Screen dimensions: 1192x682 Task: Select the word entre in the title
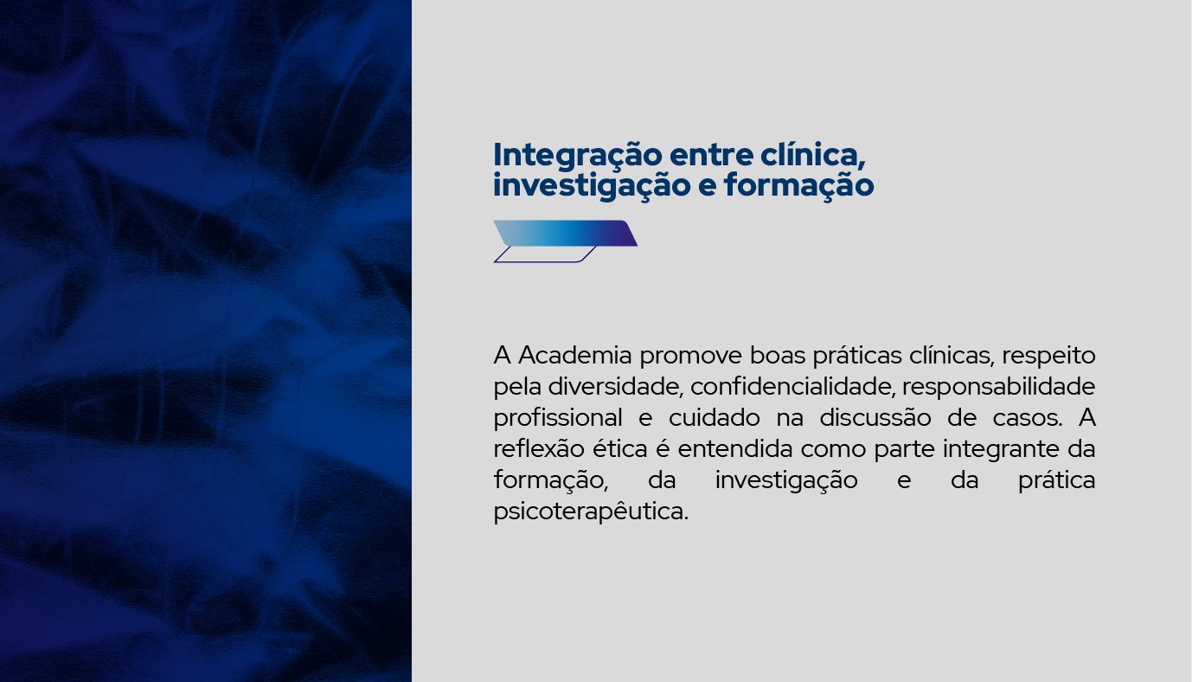point(711,156)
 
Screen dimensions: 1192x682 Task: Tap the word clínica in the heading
point(812,156)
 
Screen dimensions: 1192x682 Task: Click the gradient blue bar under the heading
point(565,233)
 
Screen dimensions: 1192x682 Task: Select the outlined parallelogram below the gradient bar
point(545,254)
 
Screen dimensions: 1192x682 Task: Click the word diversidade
point(615,387)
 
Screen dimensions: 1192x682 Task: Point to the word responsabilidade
point(999,388)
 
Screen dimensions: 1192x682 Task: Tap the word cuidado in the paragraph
point(715,418)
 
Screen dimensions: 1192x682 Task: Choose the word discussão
point(875,418)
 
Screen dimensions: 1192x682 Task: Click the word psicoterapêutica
point(591,512)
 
